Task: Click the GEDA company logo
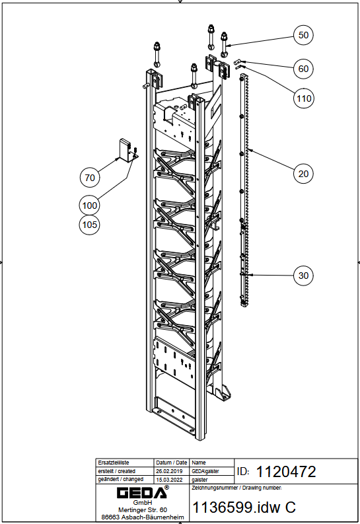143,492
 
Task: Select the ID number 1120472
286,472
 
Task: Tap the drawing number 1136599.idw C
244,507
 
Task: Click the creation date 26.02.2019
169,471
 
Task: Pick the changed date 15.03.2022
169,480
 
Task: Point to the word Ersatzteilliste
113,463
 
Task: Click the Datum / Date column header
171,463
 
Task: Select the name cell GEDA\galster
205,471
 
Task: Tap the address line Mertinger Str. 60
143,510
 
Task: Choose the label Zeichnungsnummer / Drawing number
236,488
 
